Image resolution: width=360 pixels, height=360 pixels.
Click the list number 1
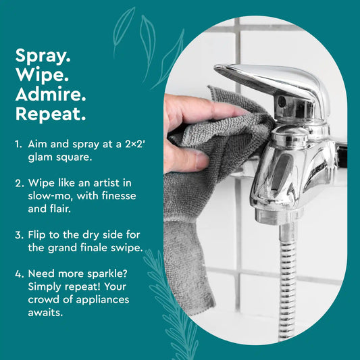[x=18, y=144]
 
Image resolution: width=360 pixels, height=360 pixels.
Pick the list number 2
[x=18, y=182]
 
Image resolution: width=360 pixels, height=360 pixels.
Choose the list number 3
[x=18, y=236]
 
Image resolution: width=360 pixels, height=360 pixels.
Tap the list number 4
[x=18, y=274]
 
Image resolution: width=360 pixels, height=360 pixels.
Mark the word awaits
[x=44, y=313]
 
